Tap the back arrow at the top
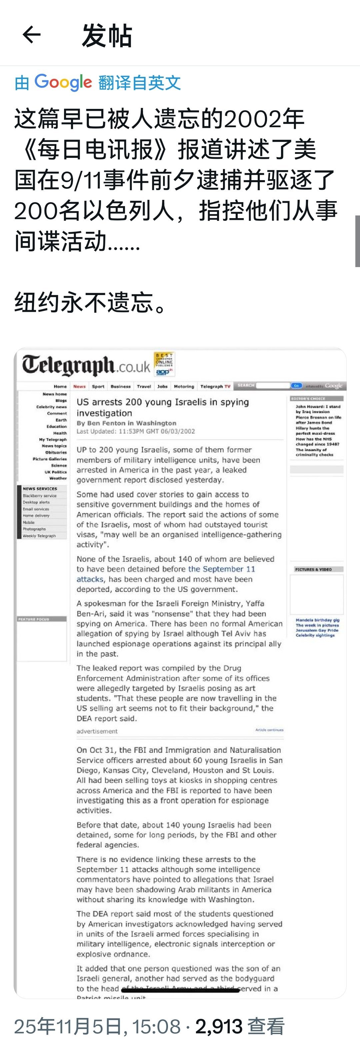click(31, 34)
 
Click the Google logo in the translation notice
click(63, 82)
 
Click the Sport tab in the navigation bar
click(98, 386)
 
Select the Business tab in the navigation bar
click(120, 386)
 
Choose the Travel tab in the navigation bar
click(144, 386)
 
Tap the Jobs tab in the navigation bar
click(162, 386)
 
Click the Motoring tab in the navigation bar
click(184, 386)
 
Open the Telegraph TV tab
click(215, 386)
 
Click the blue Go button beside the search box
click(296, 386)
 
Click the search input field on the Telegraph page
click(273, 386)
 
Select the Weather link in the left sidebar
click(58, 478)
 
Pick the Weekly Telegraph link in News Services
click(39, 536)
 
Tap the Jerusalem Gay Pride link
click(317, 630)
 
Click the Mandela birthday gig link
click(317, 620)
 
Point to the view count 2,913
click(219, 1026)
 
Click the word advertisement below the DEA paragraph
click(97, 731)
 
